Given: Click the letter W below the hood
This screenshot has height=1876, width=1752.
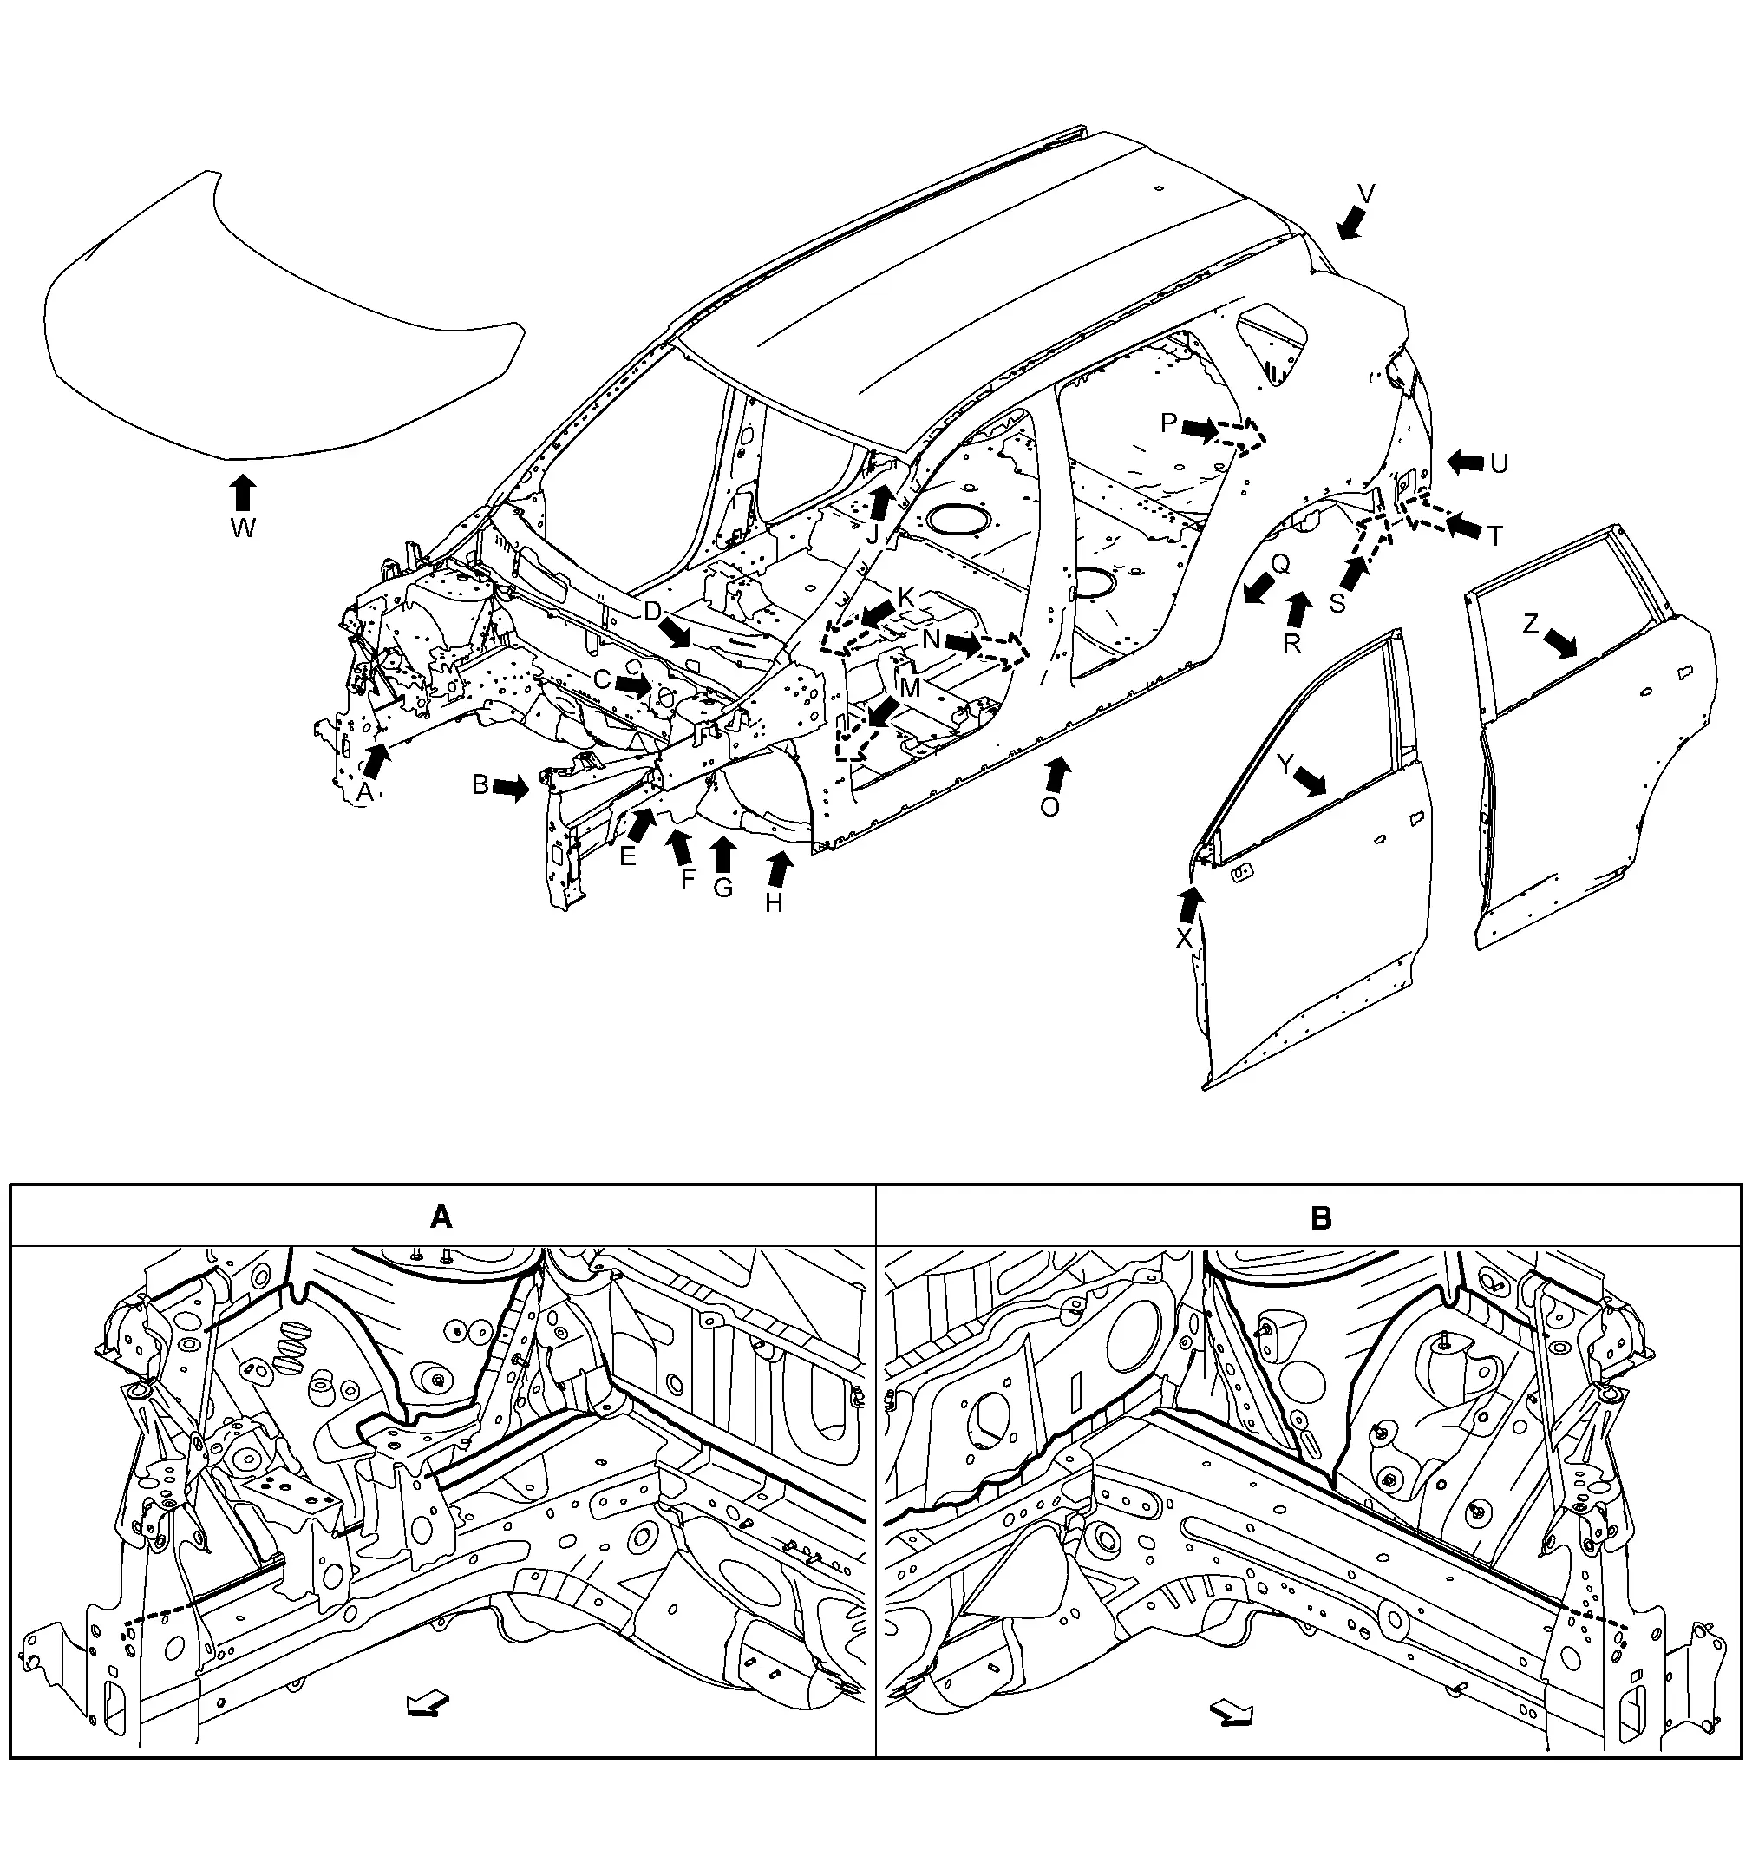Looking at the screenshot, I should [243, 528].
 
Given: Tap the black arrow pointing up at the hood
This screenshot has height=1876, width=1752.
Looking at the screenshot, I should [243, 492].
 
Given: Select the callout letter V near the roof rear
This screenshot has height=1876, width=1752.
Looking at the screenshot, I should [1365, 194].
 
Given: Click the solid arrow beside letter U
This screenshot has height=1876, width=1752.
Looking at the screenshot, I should [1465, 462].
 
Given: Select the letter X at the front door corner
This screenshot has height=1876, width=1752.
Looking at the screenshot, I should [1184, 937].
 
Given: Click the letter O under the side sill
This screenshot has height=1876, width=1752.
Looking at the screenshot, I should [1050, 807].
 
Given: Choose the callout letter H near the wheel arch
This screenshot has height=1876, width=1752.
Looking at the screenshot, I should [774, 903].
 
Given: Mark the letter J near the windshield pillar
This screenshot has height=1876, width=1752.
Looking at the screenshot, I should [873, 535].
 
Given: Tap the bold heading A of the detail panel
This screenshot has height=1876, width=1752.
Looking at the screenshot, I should [441, 1218].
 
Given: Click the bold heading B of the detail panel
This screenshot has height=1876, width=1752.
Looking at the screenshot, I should [1321, 1218].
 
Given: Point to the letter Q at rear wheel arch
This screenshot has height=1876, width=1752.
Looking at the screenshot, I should [1280, 564].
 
